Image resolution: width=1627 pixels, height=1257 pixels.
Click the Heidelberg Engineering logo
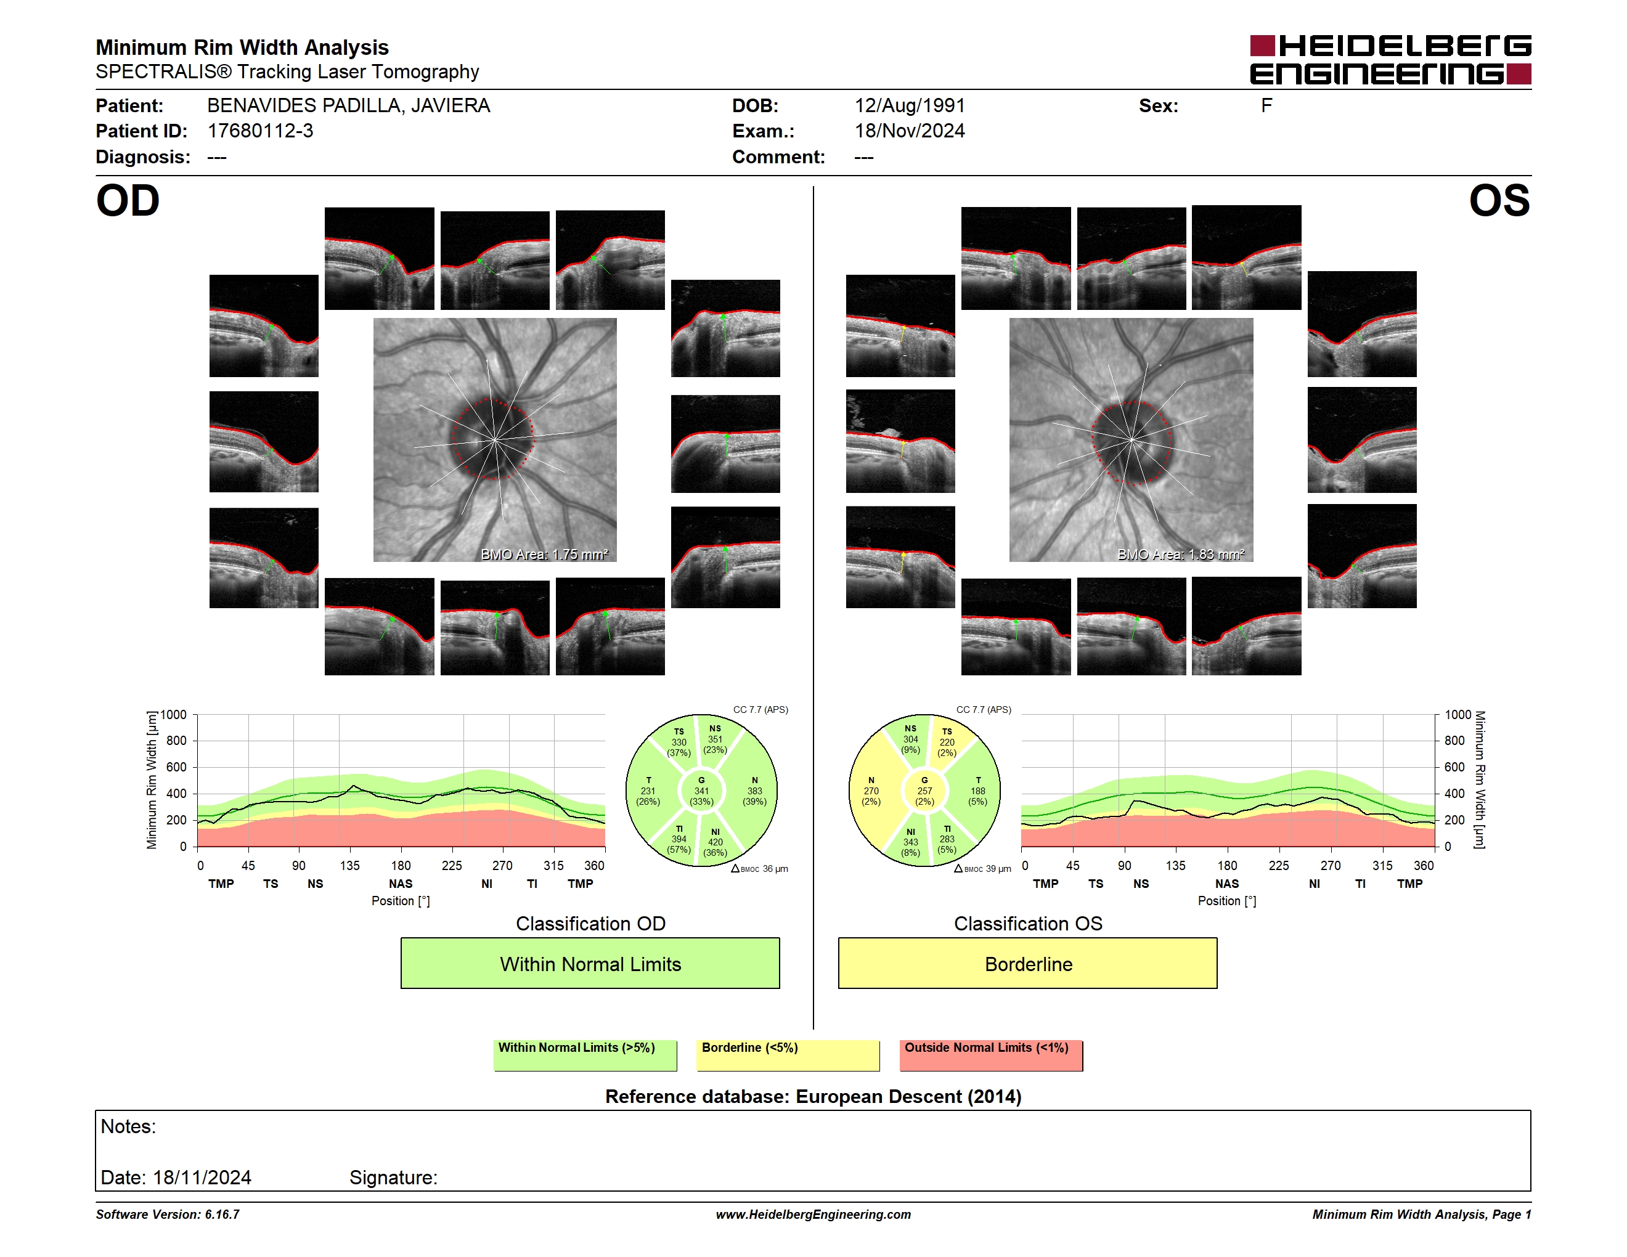[1390, 60]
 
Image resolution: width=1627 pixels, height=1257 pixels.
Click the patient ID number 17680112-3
[260, 131]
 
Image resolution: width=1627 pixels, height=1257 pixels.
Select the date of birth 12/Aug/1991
[910, 106]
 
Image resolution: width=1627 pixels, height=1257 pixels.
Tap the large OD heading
[128, 201]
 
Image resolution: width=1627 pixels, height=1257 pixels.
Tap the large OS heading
[1499, 201]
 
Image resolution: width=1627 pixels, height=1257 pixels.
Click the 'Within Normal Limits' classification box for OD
[590, 964]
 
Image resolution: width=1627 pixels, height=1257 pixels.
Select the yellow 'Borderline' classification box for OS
[1028, 964]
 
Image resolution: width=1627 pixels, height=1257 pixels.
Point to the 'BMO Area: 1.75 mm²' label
[545, 554]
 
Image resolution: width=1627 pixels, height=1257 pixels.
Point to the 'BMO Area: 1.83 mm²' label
[1181, 554]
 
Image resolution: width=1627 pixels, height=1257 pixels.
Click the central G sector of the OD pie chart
[701, 791]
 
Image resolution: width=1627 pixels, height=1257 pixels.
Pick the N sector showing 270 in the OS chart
[871, 791]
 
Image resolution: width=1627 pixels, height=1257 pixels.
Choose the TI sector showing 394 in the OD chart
[678, 839]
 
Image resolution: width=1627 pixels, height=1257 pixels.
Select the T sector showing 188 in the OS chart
[978, 791]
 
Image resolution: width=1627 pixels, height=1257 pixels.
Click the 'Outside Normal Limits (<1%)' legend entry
[991, 1055]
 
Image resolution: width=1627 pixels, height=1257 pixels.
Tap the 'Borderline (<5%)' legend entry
[788, 1055]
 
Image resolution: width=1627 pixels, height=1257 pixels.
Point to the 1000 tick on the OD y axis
[174, 715]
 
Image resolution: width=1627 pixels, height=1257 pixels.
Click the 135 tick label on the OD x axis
[349, 865]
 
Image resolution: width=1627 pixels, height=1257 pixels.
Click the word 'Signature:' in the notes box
[393, 1178]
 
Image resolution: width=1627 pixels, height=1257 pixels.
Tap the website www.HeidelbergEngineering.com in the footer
[813, 1214]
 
